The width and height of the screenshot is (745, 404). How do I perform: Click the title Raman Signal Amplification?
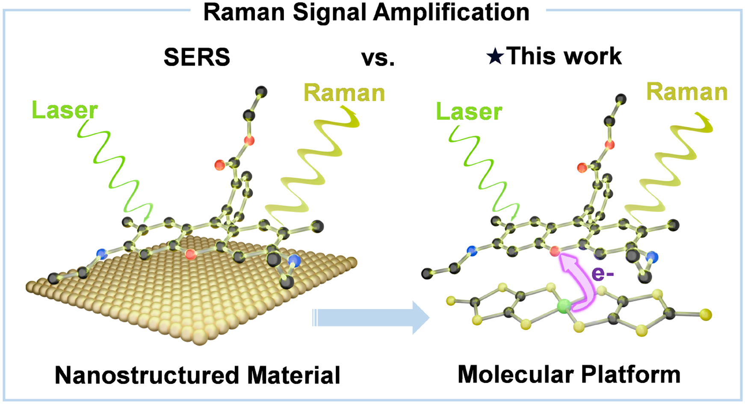367,12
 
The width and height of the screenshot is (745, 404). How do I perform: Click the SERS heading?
197,57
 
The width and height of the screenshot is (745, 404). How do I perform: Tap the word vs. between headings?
378,58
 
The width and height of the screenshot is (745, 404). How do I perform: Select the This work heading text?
564,56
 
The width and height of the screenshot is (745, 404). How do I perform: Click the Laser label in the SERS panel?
65,110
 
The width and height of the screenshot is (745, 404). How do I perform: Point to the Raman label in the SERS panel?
344,93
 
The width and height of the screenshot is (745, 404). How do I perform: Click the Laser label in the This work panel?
469,112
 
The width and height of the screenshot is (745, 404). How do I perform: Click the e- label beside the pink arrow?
603,274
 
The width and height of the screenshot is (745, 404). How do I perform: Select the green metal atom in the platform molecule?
564,306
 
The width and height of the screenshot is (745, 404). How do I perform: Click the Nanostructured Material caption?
198,375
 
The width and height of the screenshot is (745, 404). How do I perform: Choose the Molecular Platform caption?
569,375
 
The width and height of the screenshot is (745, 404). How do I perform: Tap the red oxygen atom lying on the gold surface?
191,254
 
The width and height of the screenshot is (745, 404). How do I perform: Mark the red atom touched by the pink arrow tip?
555,251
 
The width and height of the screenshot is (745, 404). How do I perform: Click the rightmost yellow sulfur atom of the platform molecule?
706,315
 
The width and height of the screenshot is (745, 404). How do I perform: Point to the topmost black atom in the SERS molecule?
261,91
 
